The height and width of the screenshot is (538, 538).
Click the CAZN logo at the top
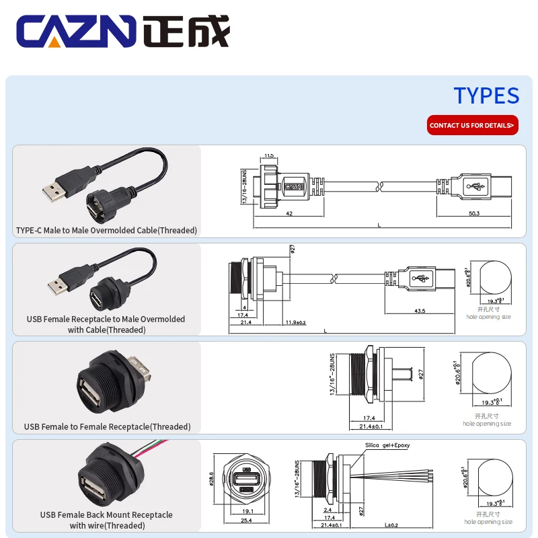tap(123, 32)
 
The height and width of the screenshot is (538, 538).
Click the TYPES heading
tap(486, 95)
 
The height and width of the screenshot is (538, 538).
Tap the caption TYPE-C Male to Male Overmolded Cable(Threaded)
tap(106, 231)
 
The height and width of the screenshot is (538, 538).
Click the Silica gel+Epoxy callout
tap(387, 445)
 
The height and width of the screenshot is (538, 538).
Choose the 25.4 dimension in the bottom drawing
tap(247, 520)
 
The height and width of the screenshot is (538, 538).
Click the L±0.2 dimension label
tap(391, 525)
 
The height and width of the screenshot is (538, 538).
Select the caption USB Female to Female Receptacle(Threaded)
tap(107, 426)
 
